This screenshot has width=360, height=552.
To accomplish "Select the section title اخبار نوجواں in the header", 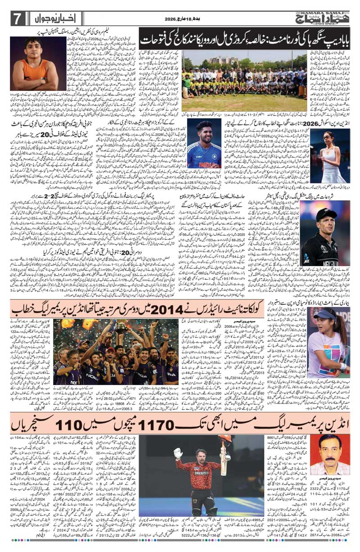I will pos(49,19).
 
